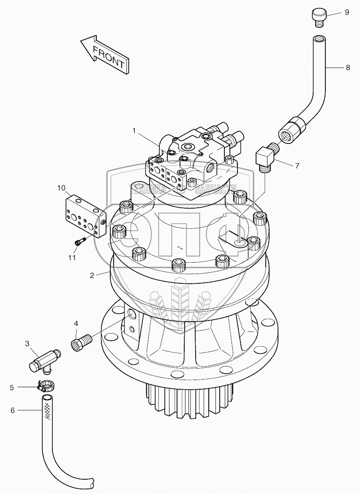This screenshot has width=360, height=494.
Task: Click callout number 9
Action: click(346, 12)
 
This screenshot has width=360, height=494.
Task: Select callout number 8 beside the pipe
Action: click(348, 68)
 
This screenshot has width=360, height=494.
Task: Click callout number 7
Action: click(297, 166)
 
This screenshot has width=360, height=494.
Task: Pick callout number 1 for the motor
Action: click(134, 131)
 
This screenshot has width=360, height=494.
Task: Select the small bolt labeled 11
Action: click(80, 242)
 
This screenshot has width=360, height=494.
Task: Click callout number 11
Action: click(72, 257)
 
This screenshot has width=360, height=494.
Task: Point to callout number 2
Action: click(92, 276)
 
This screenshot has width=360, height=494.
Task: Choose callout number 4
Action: click(76, 323)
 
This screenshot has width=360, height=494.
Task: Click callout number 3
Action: click(27, 344)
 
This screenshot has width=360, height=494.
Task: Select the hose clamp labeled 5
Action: click(45, 385)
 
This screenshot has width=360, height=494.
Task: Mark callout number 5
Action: click(12, 387)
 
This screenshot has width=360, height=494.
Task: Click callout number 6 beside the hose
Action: click(12, 410)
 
